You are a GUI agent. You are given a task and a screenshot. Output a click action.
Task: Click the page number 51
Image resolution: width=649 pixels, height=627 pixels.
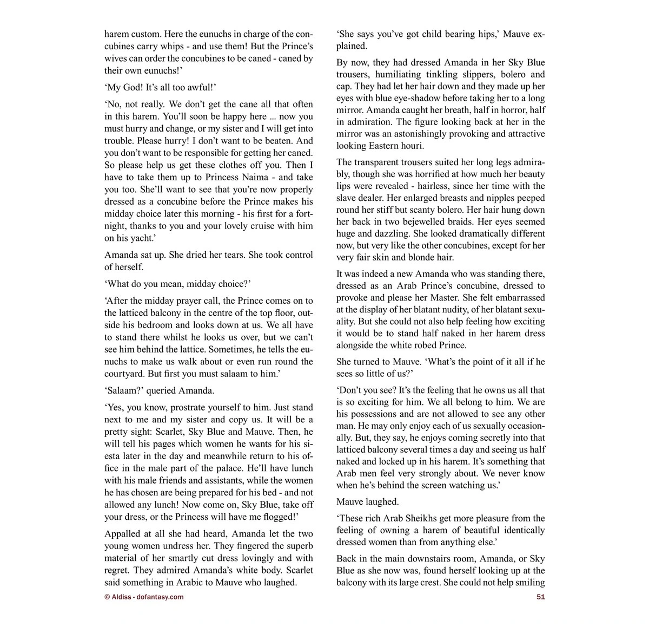[x=540, y=597]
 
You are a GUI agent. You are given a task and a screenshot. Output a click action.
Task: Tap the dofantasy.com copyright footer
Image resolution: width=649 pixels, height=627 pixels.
[x=144, y=597]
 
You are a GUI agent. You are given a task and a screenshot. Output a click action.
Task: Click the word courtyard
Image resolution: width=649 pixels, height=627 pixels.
[x=125, y=374]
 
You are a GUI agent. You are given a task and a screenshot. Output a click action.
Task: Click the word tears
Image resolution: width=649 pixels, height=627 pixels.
[x=232, y=254]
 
